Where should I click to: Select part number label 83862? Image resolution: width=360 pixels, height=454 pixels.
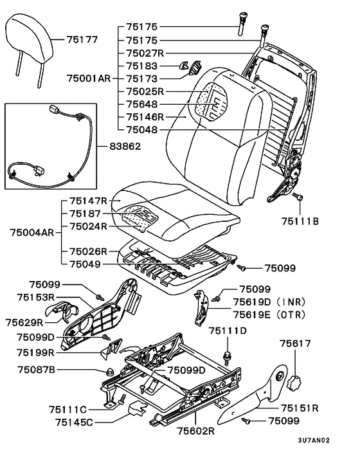point(125,146)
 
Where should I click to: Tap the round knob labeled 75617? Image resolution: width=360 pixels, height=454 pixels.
point(294,383)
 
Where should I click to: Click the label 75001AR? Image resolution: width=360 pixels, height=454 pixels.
point(89,78)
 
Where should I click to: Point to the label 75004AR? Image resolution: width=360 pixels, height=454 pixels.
point(32,233)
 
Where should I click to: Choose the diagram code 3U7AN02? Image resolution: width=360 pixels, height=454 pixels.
point(314,440)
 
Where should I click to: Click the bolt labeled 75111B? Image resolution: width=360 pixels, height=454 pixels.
point(298,197)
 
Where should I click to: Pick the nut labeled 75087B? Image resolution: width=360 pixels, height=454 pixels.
point(110,372)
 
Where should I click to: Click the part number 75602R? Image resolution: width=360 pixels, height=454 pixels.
point(196,431)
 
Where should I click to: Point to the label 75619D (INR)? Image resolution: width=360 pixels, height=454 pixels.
point(269,302)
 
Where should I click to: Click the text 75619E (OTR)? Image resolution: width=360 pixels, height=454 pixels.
point(269,314)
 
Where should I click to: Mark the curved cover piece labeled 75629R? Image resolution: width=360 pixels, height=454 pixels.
point(62,311)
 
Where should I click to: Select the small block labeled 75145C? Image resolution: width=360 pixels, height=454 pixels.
point(137,408)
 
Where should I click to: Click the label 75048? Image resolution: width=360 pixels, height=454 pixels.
point(142,130)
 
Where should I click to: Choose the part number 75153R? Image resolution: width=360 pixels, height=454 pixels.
point(36,297)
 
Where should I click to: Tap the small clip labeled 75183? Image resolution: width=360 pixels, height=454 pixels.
point(183,66)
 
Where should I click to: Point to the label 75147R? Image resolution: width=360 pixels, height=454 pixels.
point(88,201)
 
